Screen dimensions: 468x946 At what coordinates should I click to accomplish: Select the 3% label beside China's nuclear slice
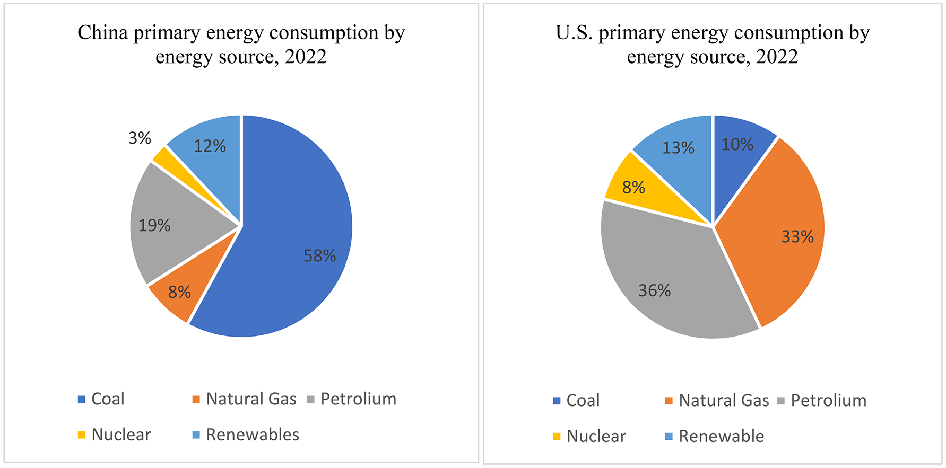click(140, 138)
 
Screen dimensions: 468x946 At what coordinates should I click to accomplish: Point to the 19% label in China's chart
click(154, 226)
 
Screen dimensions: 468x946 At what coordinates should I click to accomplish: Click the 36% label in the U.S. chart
click(654, 291)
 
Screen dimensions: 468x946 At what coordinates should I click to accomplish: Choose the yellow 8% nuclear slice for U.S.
click(635, 187)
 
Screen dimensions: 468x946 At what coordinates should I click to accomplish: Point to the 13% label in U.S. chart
click(678, 148)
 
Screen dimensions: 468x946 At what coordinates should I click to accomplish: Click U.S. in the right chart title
click(575, 33)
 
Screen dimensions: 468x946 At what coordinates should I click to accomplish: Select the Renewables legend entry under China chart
click(252, 435)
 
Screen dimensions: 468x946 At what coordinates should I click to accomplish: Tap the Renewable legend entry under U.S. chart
click(721, 437)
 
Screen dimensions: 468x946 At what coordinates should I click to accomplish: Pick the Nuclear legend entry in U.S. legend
click(596, 437)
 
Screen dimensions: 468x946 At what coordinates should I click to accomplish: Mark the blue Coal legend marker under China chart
click(82, 399)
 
